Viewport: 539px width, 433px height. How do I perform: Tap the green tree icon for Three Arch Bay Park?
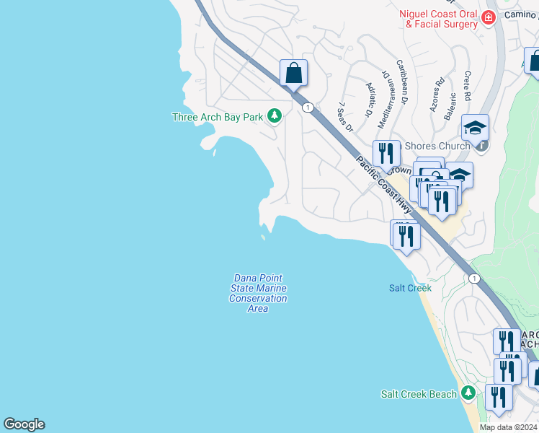point(274,115)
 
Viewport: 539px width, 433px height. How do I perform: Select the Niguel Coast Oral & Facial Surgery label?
point(440,19)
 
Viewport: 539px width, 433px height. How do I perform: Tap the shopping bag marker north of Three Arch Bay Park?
point(293,73)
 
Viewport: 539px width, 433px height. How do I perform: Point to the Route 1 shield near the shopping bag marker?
point(308,108)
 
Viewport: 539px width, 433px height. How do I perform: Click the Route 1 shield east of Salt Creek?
point(473,279)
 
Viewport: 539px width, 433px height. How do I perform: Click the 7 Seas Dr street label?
point(344,116)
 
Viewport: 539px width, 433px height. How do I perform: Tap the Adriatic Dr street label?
point(370,100)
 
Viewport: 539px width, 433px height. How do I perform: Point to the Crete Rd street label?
point(467,86)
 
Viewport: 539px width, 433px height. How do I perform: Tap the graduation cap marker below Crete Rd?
point(475,127)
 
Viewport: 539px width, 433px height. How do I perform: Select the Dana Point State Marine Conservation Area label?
point(257,293)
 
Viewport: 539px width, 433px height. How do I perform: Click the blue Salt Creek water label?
point(410,288)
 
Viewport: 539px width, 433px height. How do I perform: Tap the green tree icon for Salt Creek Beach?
point(468,393)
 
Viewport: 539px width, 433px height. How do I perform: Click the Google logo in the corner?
point(24,424)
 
